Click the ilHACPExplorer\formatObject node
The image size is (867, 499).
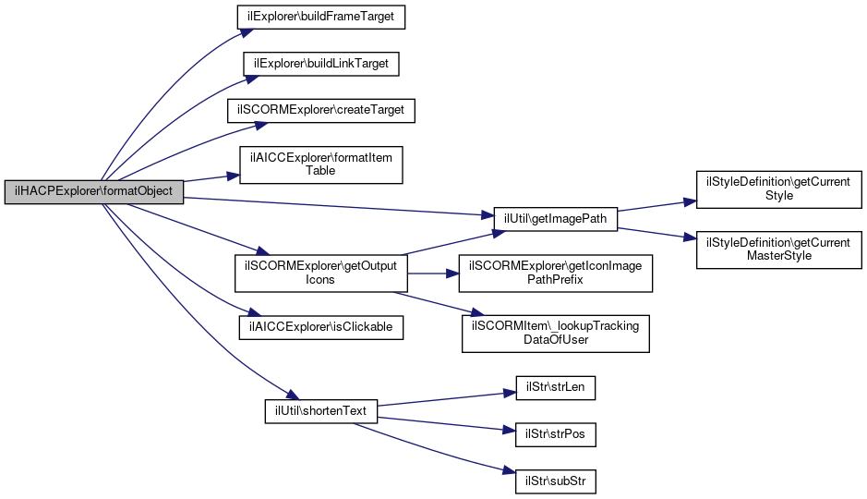click(94, 192)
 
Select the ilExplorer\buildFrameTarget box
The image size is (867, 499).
click(321, 18)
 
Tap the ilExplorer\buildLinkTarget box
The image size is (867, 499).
click(321, 64)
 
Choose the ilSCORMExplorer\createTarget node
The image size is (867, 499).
click(321, 111)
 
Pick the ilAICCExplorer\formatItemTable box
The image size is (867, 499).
click(320, 164)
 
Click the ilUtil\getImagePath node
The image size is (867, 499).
click(556, 219)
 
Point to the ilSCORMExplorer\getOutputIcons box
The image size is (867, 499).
click(321, 274)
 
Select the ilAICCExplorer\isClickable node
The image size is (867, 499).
click(321, 327)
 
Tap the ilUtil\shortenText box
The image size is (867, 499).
click(321, 411)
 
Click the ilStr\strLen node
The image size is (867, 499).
click(556, 388)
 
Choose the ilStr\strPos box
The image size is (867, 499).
click(556, 435)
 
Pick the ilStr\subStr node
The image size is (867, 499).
click(556, 481)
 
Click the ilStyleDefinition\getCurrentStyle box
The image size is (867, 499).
click(779, 189)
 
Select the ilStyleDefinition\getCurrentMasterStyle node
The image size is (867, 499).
click(779, 250)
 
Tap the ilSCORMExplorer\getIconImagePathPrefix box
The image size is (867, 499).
click(556, 274)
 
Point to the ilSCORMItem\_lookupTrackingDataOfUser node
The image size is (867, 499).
click(556, 334)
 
